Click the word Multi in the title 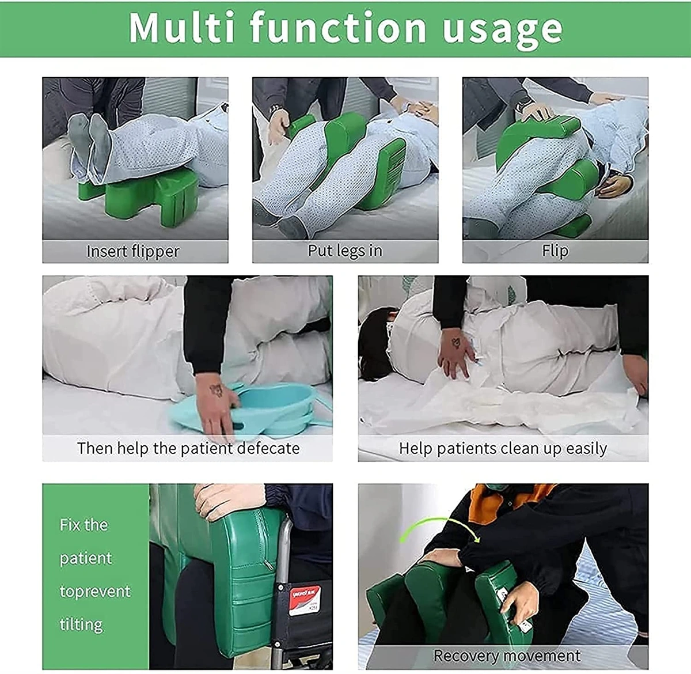181,28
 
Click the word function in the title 338,27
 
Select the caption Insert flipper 133,252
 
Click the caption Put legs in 345,251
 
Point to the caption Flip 555,251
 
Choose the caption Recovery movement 507,655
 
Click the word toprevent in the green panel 95,592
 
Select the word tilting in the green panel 81,624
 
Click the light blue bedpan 254,408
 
